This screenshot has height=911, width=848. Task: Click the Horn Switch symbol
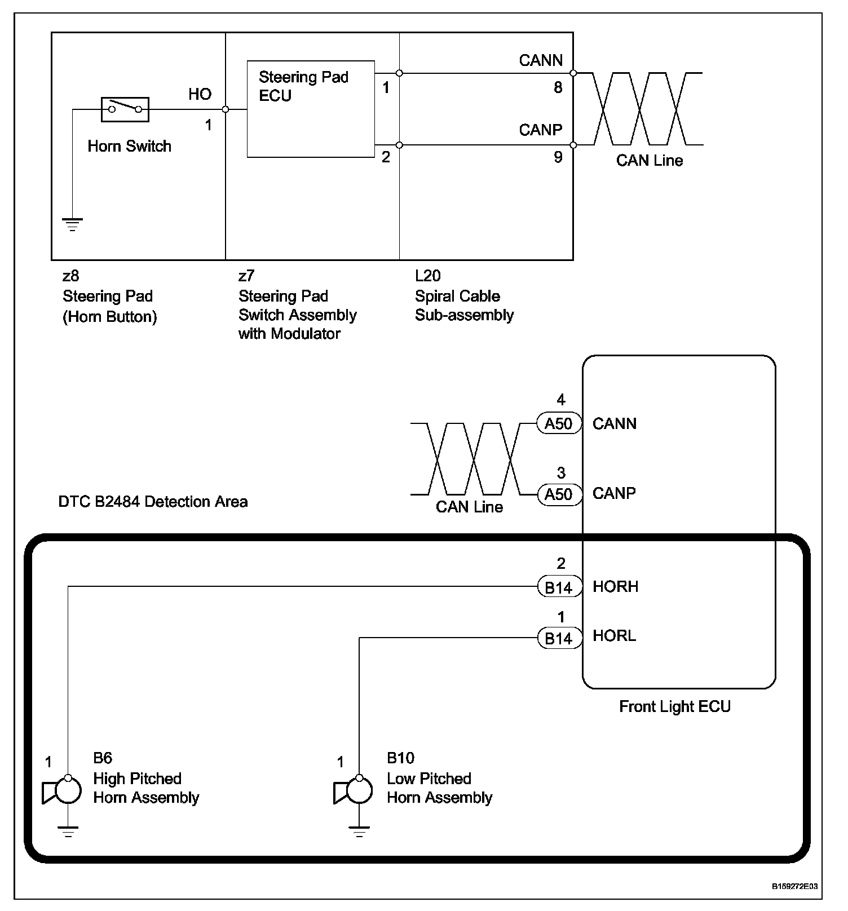[125, 109]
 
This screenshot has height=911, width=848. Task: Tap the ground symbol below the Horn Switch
[72, 225]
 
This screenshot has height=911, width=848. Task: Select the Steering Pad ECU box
[311, 109]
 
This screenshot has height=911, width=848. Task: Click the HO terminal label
[200, 94]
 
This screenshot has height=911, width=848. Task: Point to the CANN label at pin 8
[540, 60]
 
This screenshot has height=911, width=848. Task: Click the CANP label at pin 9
[540, 130]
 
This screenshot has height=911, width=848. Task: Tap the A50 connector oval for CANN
[558, 423]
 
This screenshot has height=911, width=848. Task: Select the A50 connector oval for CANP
[558, 494]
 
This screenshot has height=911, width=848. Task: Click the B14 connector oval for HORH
[558, 587]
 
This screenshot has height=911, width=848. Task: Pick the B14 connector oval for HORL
[558, 638]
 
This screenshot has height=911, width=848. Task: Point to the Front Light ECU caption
[674, 707]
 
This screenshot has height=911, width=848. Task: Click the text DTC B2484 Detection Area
[153, 502]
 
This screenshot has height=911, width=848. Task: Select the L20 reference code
[427, 276]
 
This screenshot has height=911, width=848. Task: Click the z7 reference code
[246, 276]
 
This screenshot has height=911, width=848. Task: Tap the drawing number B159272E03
[794, 886]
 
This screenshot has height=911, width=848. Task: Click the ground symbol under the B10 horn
[359, 832]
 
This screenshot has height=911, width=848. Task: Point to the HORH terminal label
[615, 587]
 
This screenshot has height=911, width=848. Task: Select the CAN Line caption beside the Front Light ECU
[469, 507]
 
